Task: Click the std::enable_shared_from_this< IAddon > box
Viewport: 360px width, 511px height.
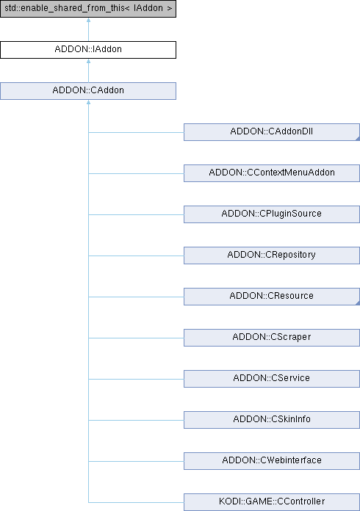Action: click(88, 9)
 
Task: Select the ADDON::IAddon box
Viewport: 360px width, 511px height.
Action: click(88, 50)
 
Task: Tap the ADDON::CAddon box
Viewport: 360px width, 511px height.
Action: click(88, 91)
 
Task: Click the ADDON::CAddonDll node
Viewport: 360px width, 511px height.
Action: click(272, 132)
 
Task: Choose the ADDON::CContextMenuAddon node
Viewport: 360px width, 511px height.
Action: click(272, 173)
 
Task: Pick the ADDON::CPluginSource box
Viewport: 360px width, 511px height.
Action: click(272, 214)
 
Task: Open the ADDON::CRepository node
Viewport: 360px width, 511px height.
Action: click(272, 255)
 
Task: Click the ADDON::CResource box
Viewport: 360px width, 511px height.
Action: click(272, 296)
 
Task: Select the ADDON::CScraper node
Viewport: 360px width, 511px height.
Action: click(272, 337)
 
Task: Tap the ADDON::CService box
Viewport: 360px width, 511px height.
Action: click(272, 378)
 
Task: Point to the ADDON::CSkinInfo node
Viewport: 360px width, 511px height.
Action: click(272, 419)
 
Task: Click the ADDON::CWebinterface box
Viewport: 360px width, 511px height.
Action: click(272, 460)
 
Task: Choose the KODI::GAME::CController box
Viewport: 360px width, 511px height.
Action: click(272, 502)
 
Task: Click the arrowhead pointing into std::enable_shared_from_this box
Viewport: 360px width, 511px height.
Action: click(88, 21)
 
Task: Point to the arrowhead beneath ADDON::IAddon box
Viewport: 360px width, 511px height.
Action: click(88, 61)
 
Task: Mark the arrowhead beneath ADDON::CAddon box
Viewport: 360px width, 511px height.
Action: click(88, 102)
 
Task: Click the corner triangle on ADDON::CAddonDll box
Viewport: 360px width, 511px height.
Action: click(358, 139)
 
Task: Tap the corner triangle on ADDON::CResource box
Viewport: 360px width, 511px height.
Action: click(358, 303)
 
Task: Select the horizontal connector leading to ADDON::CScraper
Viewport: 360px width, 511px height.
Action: click(136, 338)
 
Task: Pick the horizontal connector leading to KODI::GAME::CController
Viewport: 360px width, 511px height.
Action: click(136, 502)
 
